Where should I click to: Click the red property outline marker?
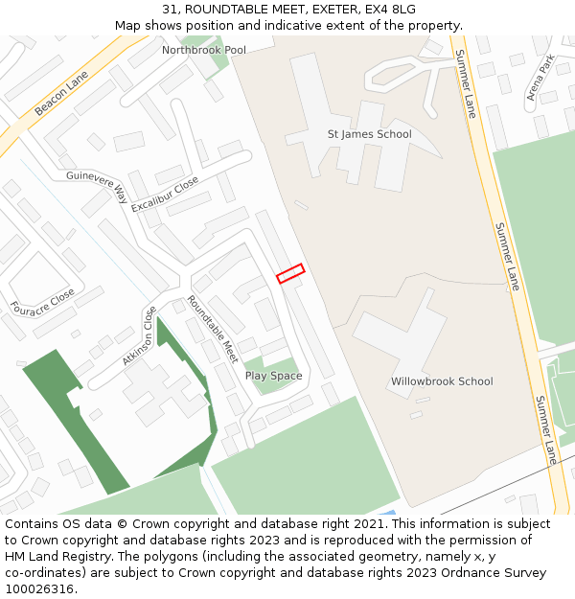click(290, 273)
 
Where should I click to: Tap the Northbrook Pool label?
click(203, 50)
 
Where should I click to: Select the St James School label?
click(369, 134)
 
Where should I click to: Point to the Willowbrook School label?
click(442, 381)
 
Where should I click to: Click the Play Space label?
click(273, 376)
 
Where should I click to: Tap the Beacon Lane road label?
click(60, 93)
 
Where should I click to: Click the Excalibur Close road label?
click(165, 195)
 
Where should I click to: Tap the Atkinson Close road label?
click(139, 336)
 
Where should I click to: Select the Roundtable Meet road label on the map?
click(213, 329)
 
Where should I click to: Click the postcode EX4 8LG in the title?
click(391, 10)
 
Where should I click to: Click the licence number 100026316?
click(40, 589)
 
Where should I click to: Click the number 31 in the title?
click(169, 10)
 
